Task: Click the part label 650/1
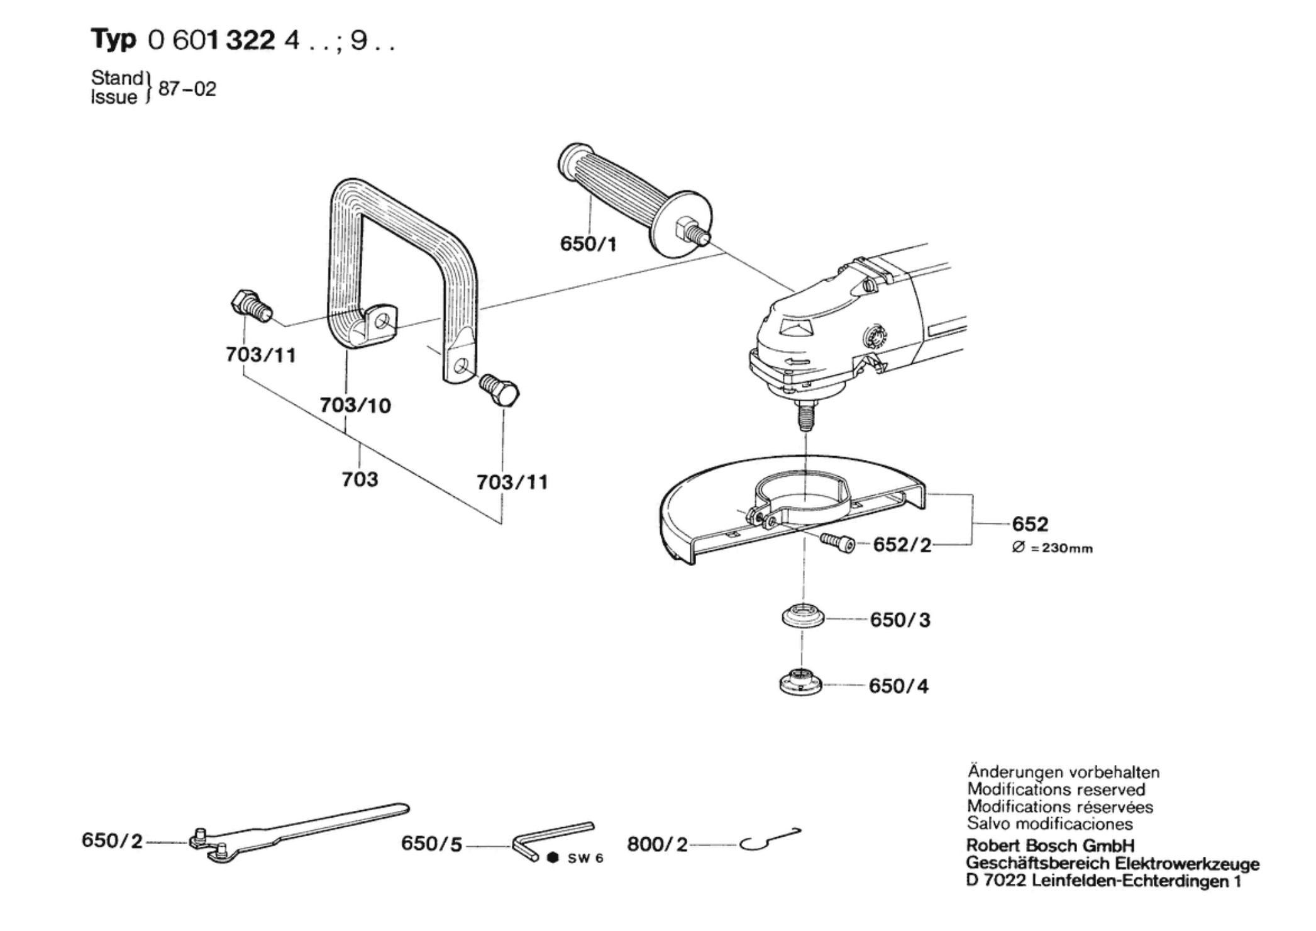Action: click(588, 243)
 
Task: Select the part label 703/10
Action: click(355, 405)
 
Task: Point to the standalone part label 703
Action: click(360, 479)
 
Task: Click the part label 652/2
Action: click(902, 545)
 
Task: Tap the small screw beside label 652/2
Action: click(837, 542)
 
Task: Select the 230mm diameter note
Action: click(1052, 548)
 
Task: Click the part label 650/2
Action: click(112, 840)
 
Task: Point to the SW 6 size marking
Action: click(585, 859)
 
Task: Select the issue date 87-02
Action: click(187, 89)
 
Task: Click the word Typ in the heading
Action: click(113, 39)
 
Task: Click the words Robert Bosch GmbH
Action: click(1049, 845)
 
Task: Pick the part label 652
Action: click(1030, 524)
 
